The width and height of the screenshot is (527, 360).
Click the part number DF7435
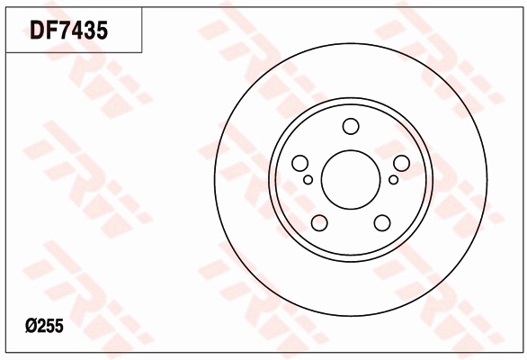(69, 30)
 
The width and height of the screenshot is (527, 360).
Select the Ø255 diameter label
(44, 326)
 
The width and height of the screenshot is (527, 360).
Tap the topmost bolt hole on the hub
(351, 126)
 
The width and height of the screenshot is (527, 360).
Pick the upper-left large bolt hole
(299, 163)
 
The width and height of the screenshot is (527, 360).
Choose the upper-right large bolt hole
(401, 163)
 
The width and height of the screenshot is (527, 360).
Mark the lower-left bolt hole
(319, 222)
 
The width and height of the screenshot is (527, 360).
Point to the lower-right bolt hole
(382, 222)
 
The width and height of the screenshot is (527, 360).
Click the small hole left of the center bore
(308, 180)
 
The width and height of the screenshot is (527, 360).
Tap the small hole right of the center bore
(394, 180)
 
